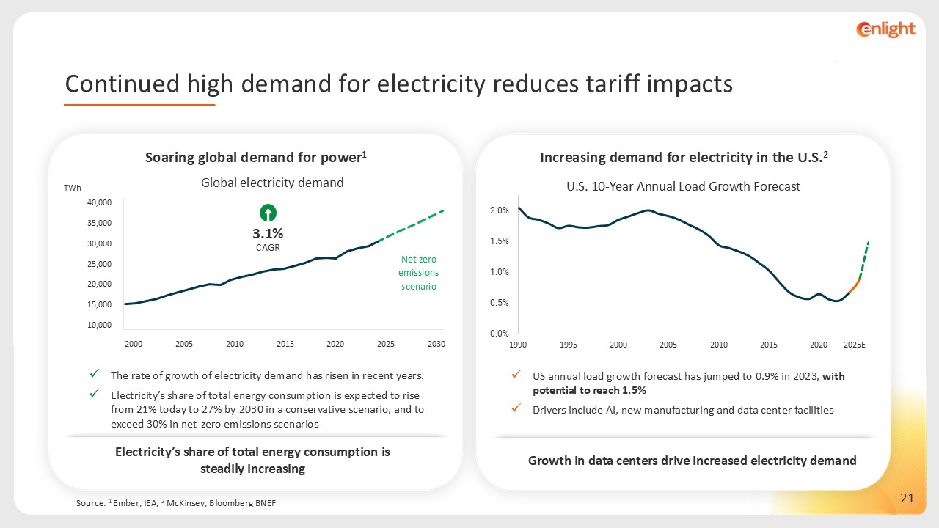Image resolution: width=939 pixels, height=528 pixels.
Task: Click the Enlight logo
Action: click(x=885, y=29)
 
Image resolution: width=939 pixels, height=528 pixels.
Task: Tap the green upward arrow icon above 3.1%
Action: click(x=268, y=213)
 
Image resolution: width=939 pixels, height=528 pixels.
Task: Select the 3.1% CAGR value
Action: click(x=268, y=234)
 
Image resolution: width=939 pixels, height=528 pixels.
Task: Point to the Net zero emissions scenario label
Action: click(x=419, y=273)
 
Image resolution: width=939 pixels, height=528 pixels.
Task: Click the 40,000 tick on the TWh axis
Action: click(x=98, y=202)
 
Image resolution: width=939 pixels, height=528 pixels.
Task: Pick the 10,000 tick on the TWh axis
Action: click(x=98, y=325)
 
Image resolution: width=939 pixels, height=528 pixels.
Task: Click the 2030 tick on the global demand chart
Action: click(x=436, y=344)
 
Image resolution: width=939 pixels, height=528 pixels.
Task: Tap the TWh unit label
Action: click(x=73, y=188)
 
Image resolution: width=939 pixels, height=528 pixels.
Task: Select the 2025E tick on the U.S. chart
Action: click(x=854, y=345)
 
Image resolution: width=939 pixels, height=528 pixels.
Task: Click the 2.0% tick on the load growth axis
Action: click(x=499, y=211)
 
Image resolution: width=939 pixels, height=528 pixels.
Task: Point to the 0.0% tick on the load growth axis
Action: click(x=499, y=334)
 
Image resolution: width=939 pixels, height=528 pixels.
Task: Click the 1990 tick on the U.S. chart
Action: click(x=518, y=345)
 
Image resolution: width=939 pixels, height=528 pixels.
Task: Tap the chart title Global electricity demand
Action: click(x=272, y=183)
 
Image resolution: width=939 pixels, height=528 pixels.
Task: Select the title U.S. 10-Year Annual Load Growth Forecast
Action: click(x=683, y=186)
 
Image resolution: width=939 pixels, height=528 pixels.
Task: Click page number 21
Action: click(x=907, y=499)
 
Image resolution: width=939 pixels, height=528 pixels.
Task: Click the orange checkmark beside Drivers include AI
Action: click(x=516, y=409)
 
